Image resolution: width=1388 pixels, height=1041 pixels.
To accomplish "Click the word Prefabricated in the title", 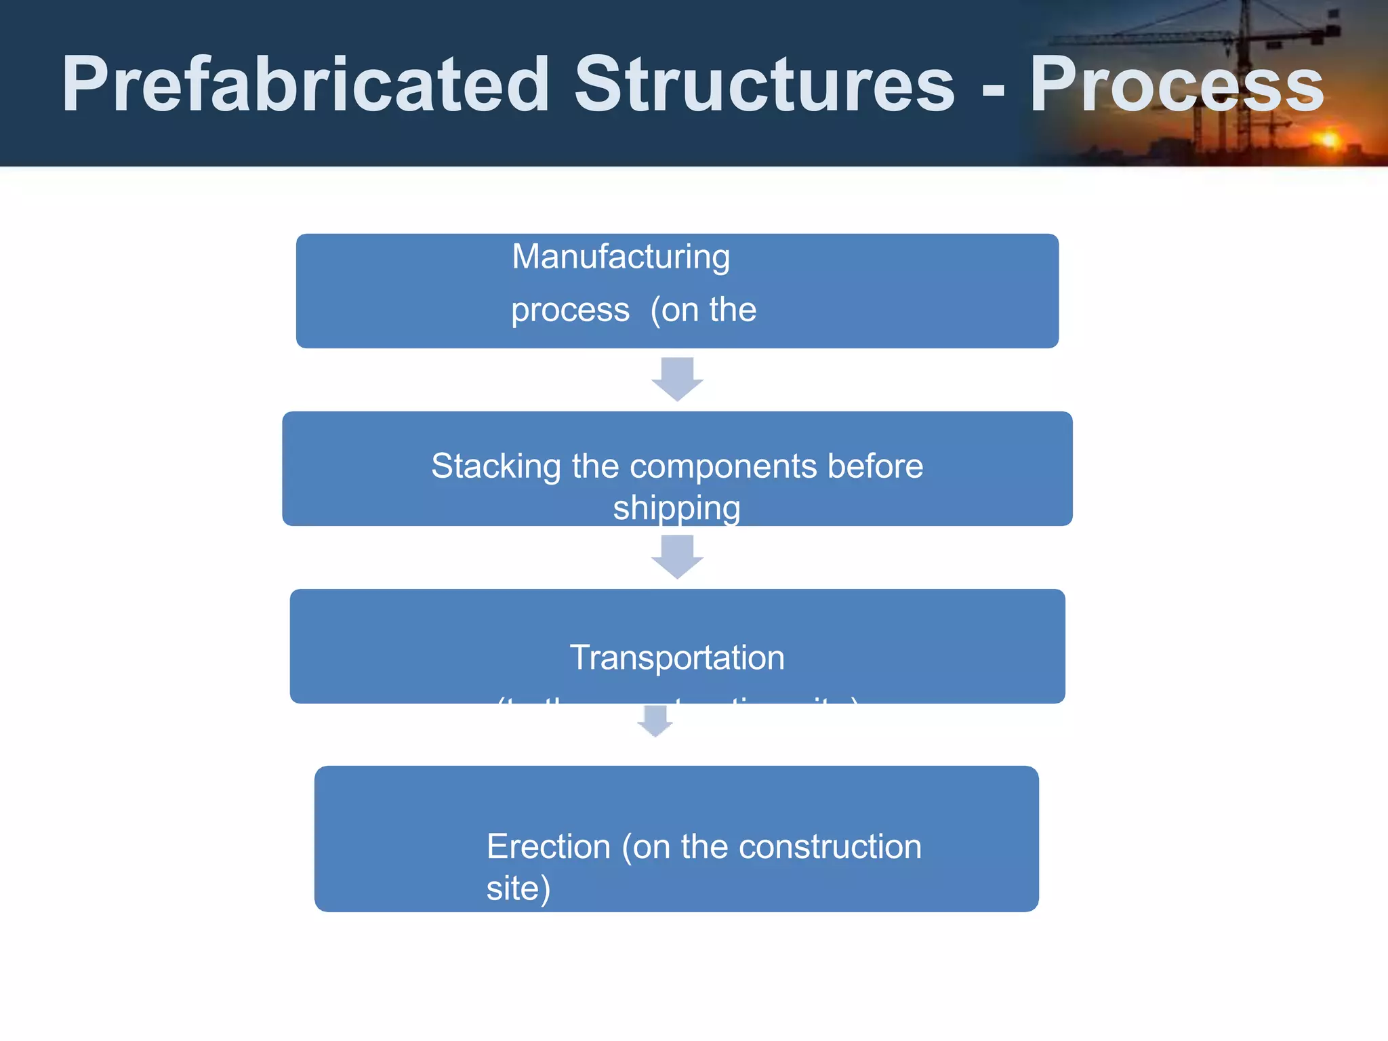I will click(305, 85).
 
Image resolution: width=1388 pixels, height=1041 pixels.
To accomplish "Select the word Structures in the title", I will click(764, 85).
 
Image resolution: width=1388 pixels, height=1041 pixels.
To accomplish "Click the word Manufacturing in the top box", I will click(621, 258).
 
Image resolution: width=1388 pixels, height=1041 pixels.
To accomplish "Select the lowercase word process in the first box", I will click(570, 311).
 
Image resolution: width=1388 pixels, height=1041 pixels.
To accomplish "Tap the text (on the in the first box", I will click(703, 311).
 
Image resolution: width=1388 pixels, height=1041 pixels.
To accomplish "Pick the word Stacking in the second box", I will click(496, 467).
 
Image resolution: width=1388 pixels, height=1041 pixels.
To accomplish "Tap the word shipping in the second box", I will click(676, 508).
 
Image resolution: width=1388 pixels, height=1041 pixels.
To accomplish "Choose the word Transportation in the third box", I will click(677, 658).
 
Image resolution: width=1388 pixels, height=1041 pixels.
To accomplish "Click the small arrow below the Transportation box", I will click(655, 721).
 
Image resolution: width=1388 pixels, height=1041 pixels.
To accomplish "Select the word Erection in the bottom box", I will click(548, 847).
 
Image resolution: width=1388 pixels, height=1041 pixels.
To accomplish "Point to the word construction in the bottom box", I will click(830, 847).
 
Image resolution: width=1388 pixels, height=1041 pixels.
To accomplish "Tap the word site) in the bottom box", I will click(518, 889).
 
